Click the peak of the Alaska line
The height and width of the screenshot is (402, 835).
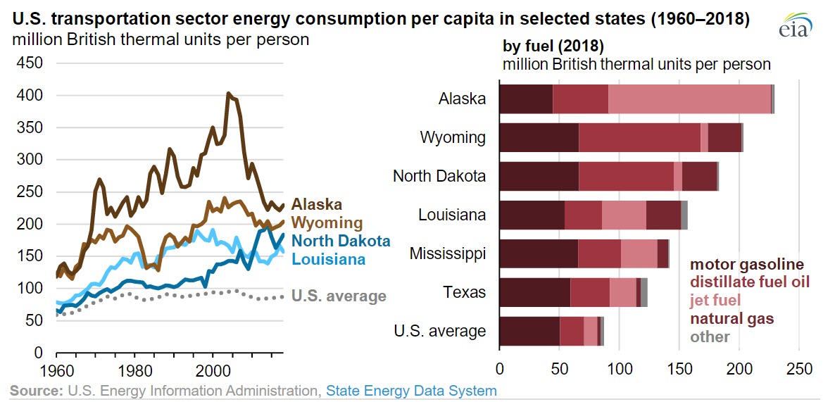(227, 93)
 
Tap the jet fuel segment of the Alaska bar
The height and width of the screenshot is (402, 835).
(689, 99)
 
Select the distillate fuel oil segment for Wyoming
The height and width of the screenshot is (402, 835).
(639, 137)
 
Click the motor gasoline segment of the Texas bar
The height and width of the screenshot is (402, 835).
(534, 292)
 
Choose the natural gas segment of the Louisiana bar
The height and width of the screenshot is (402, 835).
(663, 215)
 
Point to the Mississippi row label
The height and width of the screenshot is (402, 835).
(447, 253)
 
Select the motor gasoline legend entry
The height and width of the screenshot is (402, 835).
(746, 265)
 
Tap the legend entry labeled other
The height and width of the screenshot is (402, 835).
(710, 337)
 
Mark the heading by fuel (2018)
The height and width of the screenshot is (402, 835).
(553, 46)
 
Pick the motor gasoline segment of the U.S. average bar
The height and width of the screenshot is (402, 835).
(529, 331)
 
